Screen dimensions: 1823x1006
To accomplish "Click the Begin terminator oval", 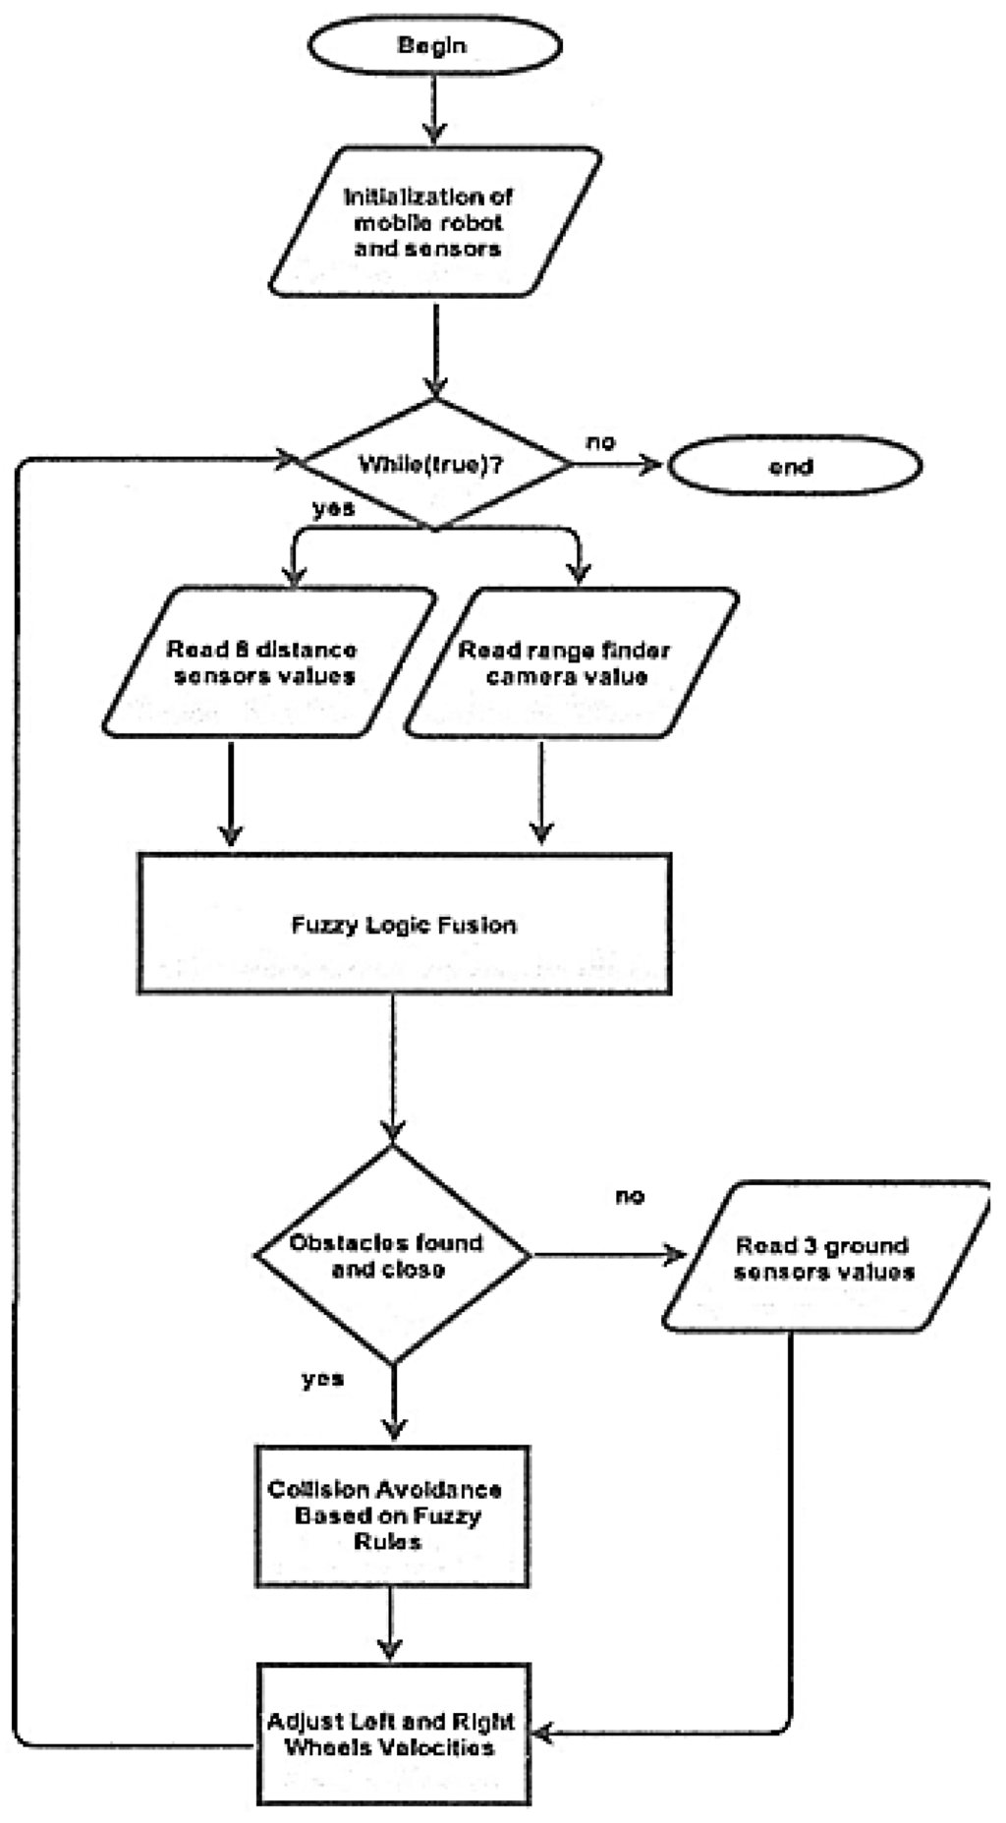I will click(435, 45).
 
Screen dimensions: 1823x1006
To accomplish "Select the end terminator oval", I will click(794, 466).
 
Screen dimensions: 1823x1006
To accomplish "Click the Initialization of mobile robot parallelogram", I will click(433, 222).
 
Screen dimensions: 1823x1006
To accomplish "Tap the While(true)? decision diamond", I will click(433, 464).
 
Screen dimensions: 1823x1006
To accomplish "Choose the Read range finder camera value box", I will click(570, 662).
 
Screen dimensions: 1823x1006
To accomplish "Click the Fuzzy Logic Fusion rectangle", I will click(404, 924).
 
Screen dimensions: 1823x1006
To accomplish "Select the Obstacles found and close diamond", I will click(391, 1255).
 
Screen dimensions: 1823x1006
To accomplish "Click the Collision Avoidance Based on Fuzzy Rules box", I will click(392, 1515).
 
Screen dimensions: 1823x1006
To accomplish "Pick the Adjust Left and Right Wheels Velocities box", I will click(392, 1734).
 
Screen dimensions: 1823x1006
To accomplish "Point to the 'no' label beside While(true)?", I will click(600, 442).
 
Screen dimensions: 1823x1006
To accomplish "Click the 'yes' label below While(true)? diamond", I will click(333, 509).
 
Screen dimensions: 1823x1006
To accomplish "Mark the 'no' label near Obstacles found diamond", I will click(630, 1196).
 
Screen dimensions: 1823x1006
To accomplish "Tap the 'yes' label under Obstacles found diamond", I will click(322, 1379).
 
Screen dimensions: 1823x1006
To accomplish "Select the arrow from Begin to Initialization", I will click(433, 108).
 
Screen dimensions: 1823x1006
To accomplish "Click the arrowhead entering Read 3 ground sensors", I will click(675, 1255).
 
